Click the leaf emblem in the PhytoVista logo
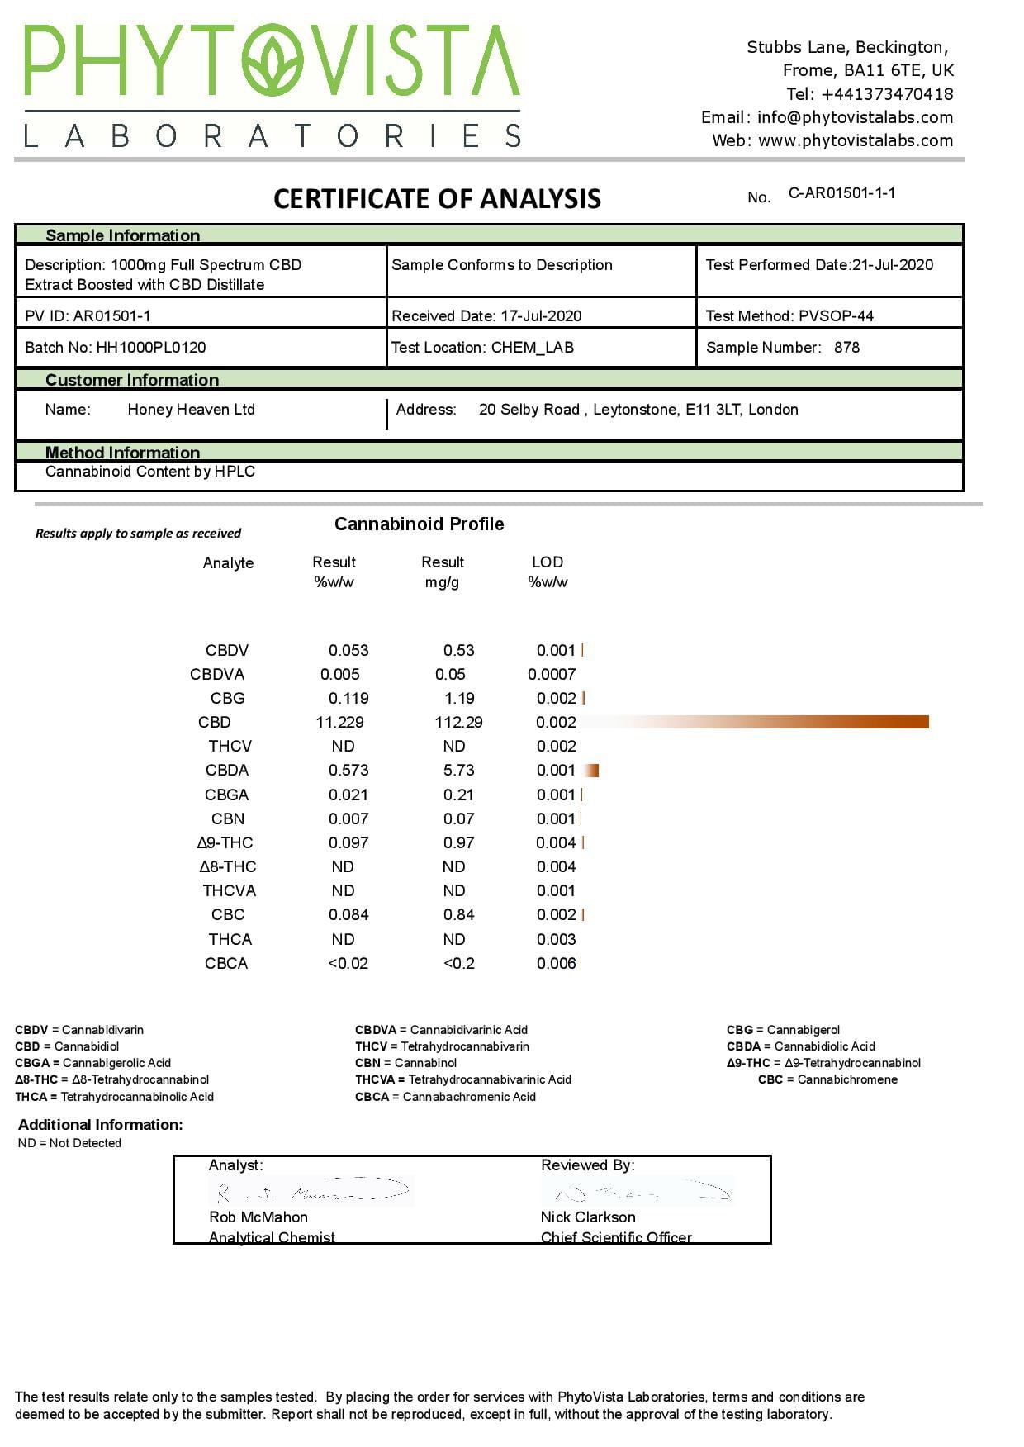point(273,59)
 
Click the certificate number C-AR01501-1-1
point(841,193)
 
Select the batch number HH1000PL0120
point(151,348)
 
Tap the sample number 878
point(846,348)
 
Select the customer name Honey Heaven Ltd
point(191,410)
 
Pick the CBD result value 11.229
point(339,723)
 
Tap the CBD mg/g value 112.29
point(458,723)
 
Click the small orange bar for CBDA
point(590,771)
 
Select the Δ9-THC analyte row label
point(225,843)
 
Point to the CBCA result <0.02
point(348,964)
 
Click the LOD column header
point(548,562)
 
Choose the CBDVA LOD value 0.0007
point(552,675)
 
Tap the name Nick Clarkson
point(588,1217)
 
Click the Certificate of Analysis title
point(437,199)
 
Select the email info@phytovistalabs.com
point(855,117)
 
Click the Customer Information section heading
point(132,381)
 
